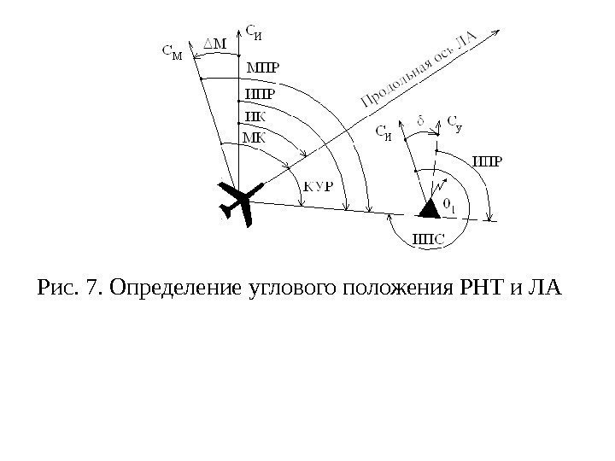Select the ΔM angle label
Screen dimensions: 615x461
click(x=218, y=42)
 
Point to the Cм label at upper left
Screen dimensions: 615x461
click(x=172, y=52)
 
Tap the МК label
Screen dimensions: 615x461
click(x=254, y=136)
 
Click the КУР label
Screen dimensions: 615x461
click(x=319, y=187)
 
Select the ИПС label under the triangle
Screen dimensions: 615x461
click(x=428, y=240)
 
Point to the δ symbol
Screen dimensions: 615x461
click(x=420, y=120)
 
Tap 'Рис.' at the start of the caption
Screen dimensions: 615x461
click(x=54, y=283)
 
